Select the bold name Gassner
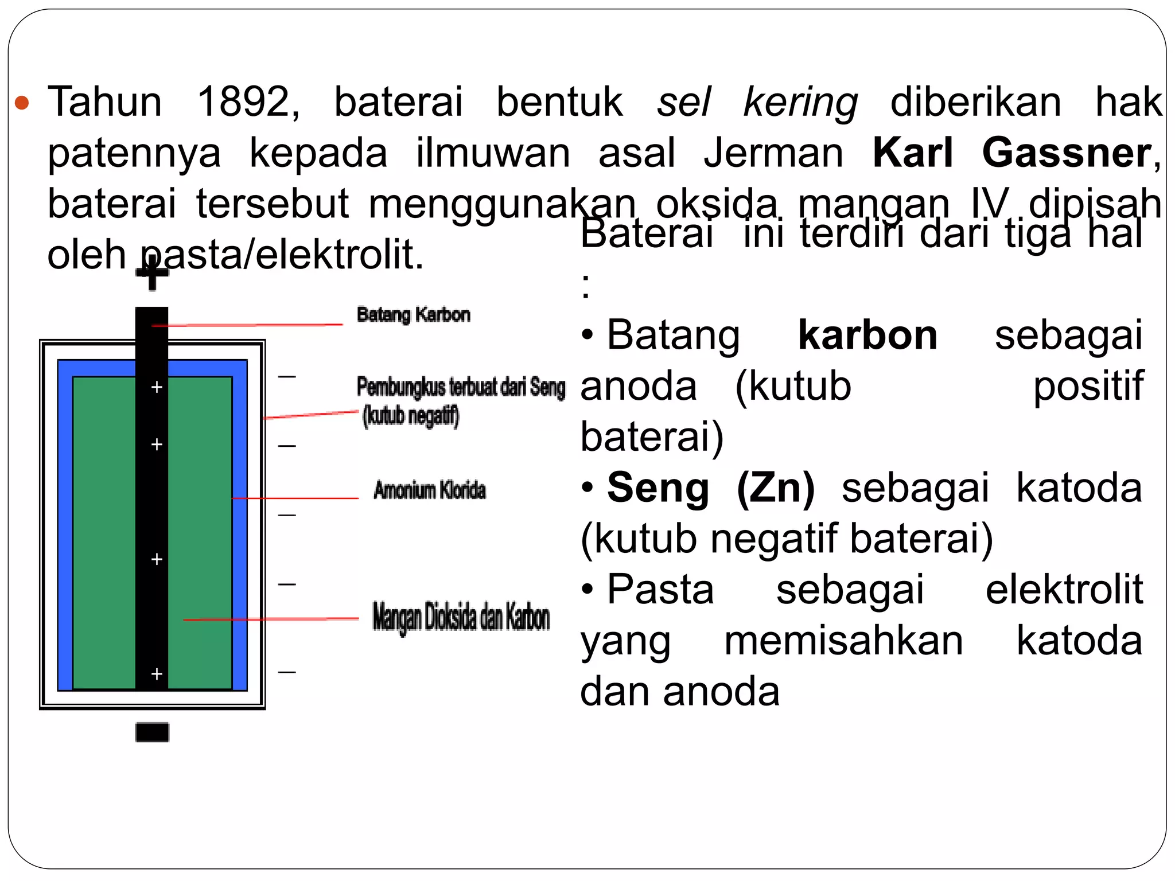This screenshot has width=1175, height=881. click(1067, 153)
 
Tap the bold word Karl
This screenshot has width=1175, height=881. click(913, 153)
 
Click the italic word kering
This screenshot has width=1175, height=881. click(800, 102)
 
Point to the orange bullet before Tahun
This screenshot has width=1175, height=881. click(22, 103)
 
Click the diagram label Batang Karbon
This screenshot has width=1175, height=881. click(413, 314)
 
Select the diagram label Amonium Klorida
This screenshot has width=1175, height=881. click(429, 490)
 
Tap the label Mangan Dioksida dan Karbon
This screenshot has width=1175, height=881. click(461, 618)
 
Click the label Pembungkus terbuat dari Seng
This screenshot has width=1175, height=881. click(461, 387)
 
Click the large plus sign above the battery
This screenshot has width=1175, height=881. click(152, 274)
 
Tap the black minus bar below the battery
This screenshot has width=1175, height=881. click(152, 732)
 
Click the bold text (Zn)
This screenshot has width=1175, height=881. click(776, 488)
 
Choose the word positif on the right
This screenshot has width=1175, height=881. click(1088, 385)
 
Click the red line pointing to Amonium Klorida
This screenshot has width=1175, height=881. click(295, 498)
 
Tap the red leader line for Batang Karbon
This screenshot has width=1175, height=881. click(247, 325)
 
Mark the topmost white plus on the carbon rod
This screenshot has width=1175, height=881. click(157, 388)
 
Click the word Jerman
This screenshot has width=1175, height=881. click(773, 153)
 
